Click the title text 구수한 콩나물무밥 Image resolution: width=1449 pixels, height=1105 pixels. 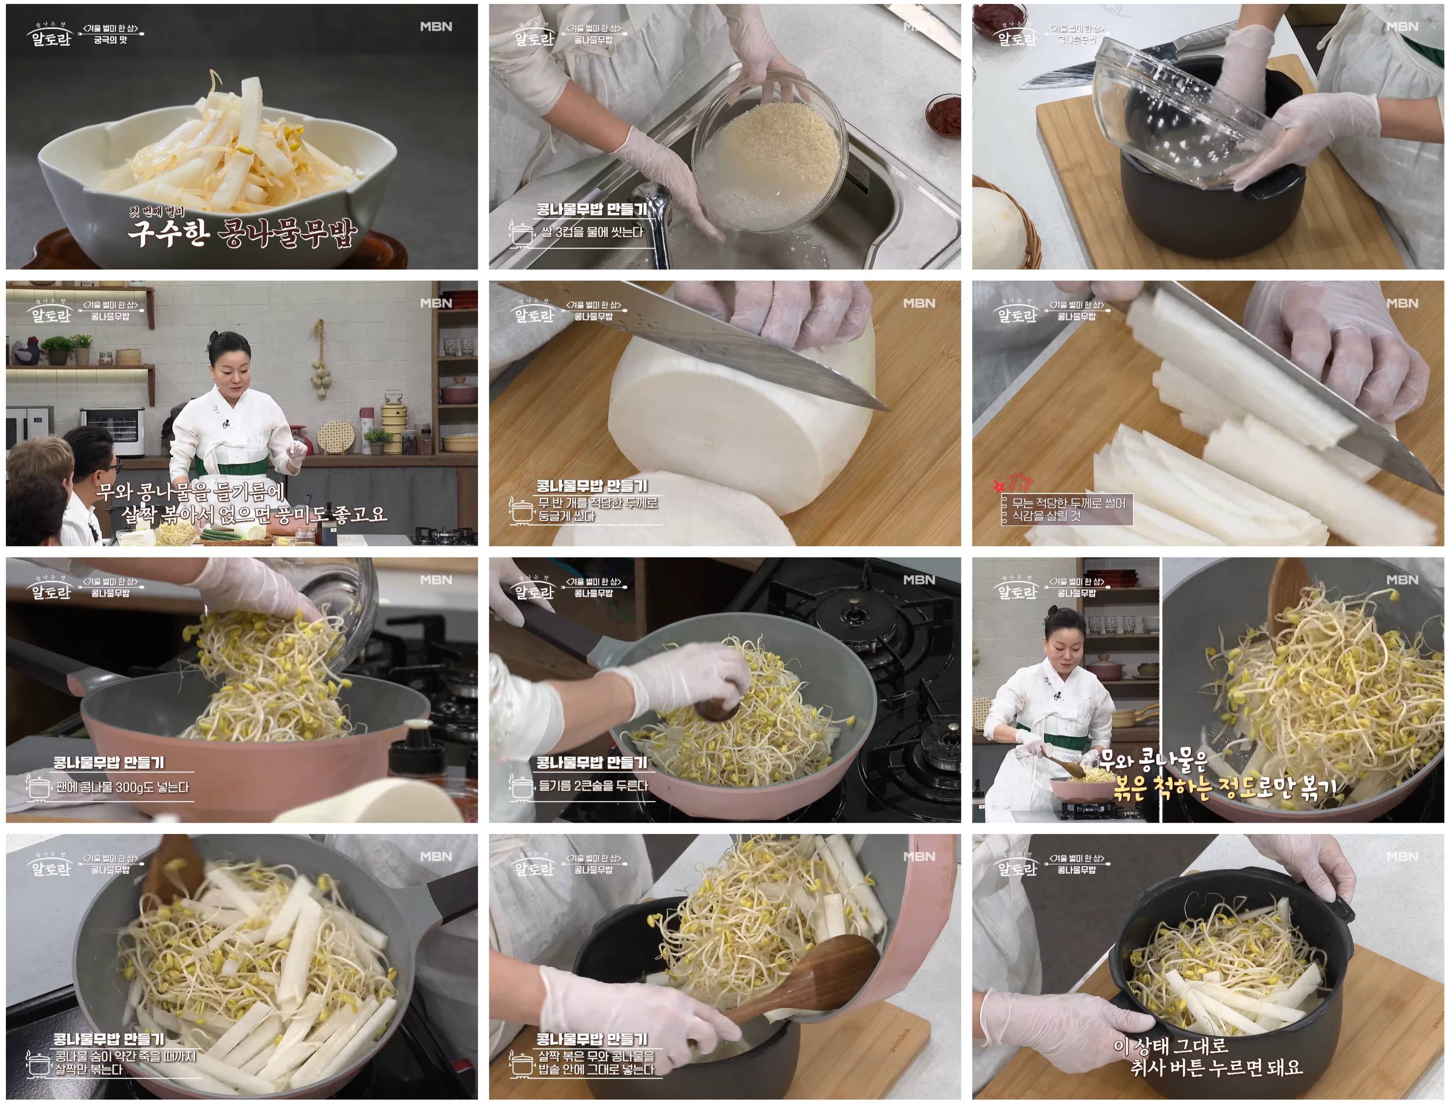tap(242, 234)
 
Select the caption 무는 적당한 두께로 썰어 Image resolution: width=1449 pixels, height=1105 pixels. tap(1068, 503)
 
